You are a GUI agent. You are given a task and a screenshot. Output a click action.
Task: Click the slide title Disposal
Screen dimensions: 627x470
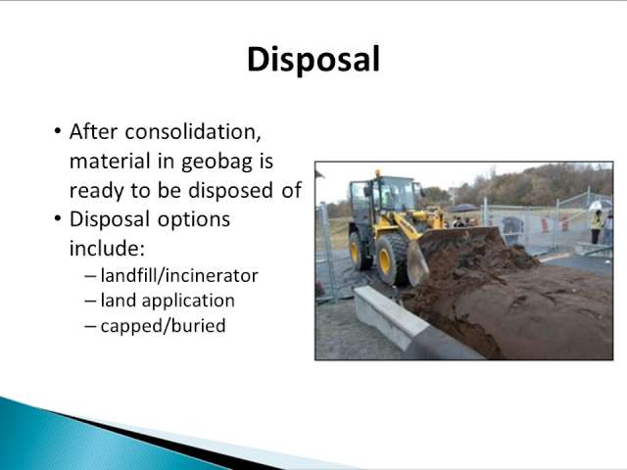tap(313, 60)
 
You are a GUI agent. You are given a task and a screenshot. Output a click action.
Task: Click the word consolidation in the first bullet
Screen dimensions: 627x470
tap(193, 132)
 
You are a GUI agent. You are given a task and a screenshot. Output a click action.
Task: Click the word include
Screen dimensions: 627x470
tap(107, 248)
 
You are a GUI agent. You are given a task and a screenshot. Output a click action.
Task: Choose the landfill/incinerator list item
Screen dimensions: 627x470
tap(179, 276)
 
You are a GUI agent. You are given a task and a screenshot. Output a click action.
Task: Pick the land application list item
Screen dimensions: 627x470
tap(168, 301)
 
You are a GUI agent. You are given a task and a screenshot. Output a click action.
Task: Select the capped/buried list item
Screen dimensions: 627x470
tap(164, 326)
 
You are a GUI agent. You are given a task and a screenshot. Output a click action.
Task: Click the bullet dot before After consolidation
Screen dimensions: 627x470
tap(58, 130)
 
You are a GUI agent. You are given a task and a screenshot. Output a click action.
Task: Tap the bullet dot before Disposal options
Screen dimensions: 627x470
tap(58, 218)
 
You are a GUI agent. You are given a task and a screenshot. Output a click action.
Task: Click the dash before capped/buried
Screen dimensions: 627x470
tap(90, 326)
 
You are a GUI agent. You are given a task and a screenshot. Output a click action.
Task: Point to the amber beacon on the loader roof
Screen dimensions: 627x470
tap(377, 173)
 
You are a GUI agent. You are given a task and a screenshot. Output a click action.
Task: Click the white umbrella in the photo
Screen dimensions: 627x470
tap(599, 205)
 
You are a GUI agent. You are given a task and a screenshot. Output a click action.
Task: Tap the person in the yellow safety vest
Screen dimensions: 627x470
tap(597, 226)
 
